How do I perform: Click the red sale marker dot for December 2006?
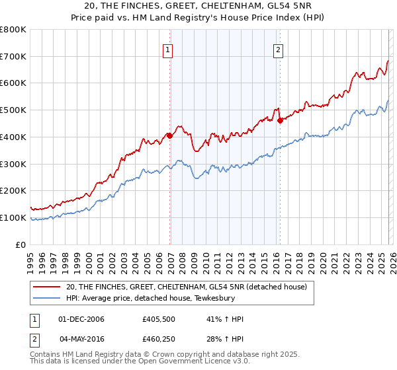(170, 135)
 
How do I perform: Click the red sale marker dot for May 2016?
(281, 120)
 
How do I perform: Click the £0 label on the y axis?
(21, 244)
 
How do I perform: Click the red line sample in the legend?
(46, 287)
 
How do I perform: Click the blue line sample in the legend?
(46, 299)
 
